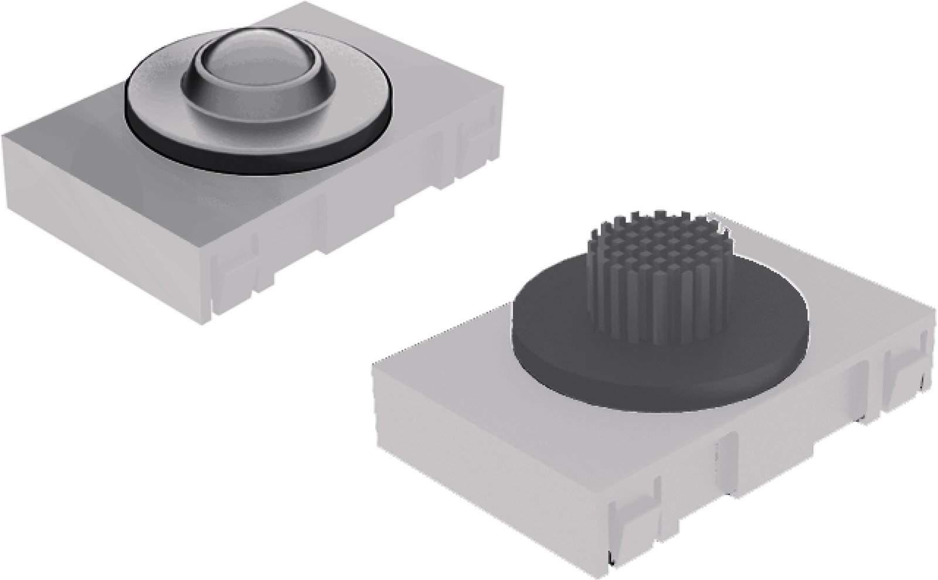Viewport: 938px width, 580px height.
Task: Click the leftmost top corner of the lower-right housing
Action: pyautogui.click(x=373, y=363)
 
